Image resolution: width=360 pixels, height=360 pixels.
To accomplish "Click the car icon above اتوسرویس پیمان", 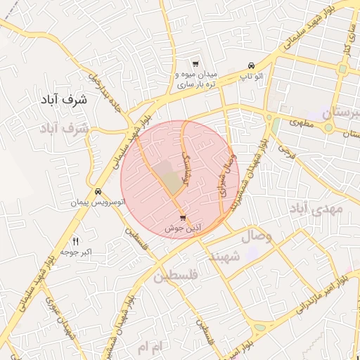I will [98, 192].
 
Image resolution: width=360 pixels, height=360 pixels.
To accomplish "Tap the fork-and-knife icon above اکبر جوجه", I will [75, 240].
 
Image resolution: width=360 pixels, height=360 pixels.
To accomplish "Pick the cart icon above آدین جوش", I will [183, 218].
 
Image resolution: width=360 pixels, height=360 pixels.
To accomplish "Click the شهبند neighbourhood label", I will [225, 257].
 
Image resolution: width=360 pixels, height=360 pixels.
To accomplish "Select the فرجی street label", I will [285, 148].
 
